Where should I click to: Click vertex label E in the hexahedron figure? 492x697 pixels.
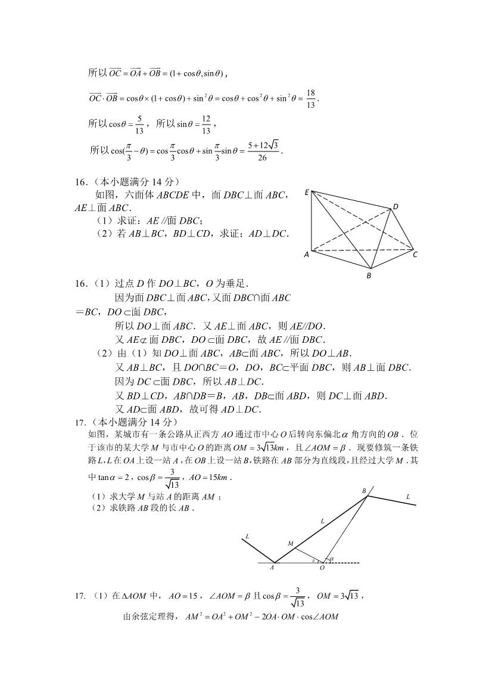(x=307, y=192)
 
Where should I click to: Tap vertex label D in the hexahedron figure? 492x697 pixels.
(x=395, y=206)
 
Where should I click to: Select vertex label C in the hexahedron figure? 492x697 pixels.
(x=415, y=255)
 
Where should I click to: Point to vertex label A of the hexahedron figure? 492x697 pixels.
(x=306, y=254)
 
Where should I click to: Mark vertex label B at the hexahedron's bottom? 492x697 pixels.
(x=369, y=275)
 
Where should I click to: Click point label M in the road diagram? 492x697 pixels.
(x=291, y=543)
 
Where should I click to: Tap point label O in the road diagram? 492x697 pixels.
(x=322, y=568)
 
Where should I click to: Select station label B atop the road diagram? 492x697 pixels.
(x=364, y=490)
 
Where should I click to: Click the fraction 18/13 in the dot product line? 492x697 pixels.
(x=311, y=97)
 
